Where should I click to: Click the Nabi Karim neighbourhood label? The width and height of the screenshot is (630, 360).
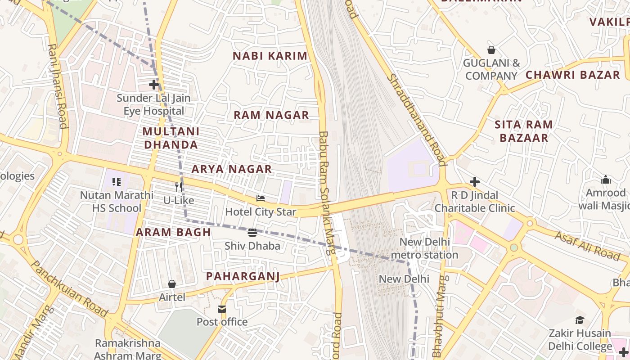[270, 56]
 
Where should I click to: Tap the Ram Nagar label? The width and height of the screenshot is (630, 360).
[271, 115]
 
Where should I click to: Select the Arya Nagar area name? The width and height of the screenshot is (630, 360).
[232, 169]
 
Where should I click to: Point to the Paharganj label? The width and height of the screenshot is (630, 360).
[243, 276]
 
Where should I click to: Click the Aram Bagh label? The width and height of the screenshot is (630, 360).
[173, 232]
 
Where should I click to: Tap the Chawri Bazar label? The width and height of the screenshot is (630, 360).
[573, 75]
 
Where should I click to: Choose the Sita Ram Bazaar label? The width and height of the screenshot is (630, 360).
[524, 131]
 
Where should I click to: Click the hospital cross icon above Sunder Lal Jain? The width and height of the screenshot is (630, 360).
[154, 84]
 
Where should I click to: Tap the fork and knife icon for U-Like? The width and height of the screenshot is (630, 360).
[179, 187]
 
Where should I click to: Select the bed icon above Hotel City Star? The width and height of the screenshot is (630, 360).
[261, 198]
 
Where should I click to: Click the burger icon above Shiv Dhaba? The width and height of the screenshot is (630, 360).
[252, 233]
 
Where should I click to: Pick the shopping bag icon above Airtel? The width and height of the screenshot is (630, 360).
[172, 284]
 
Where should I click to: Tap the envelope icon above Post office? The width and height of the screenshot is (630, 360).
[222, 309]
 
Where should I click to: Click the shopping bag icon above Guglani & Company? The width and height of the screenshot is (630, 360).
[491, 50]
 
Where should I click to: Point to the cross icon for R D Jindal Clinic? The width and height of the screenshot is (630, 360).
[475, 182]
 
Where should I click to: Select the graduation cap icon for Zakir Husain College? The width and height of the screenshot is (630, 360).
[580, 320]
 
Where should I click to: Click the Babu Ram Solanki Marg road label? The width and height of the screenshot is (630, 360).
[327, 193]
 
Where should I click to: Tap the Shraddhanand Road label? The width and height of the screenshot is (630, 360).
[417, 120]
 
